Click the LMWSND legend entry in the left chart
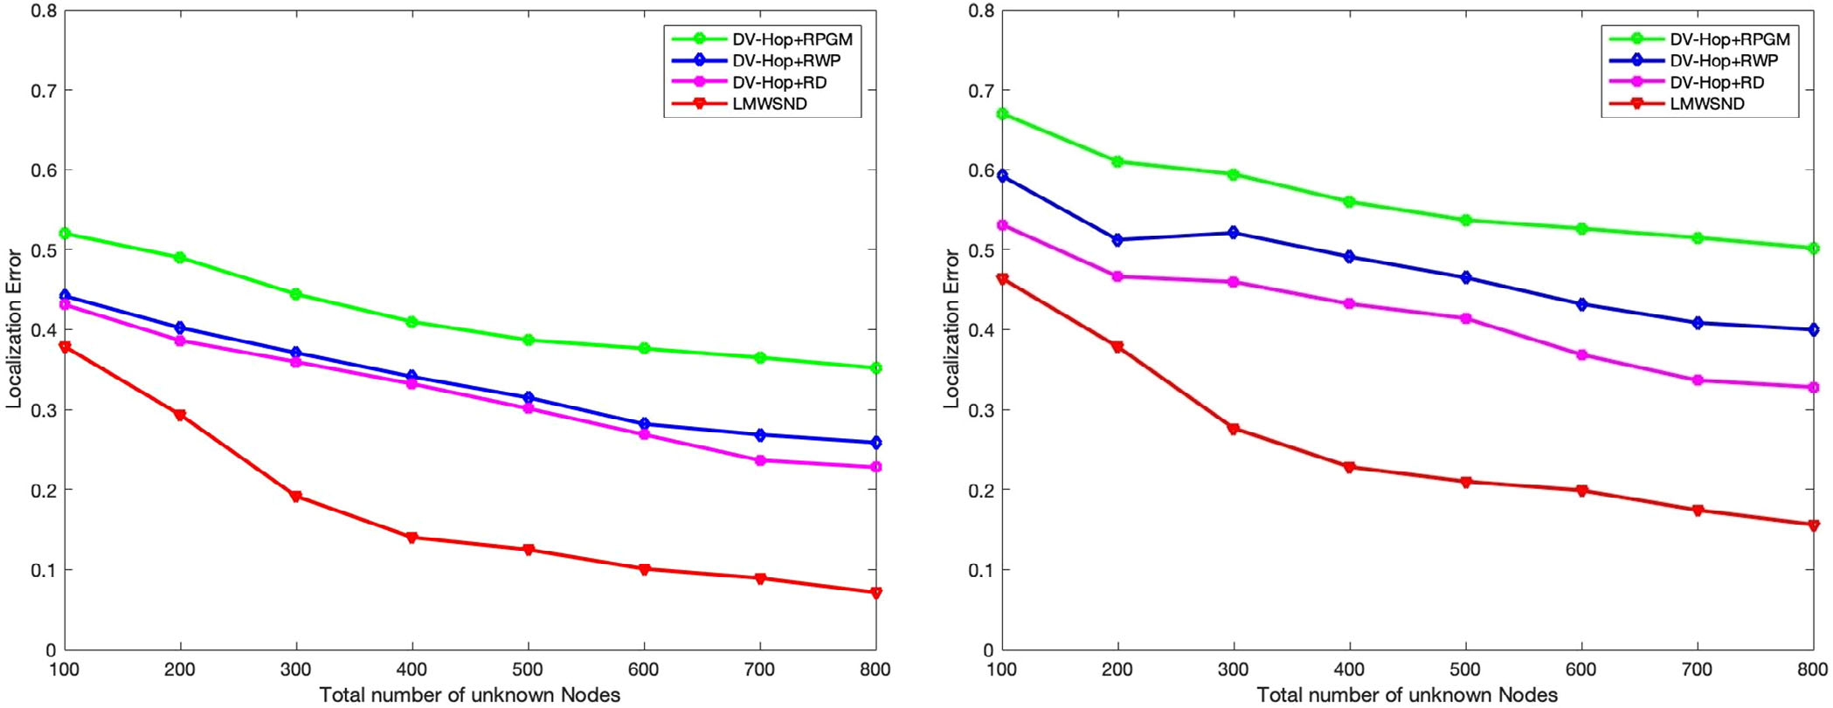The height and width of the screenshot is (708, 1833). pyautogui.click(x=769, y=104)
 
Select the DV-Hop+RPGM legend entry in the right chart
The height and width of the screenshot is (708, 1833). pyautogui.click(x=1729, y=39)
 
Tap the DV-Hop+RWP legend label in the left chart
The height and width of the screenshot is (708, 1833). pyautogui.click(x=785, y=61)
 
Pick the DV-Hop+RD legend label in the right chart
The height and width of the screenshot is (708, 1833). pyautogui.click(x=1716, y=83)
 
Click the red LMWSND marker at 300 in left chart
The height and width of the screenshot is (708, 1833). pyautogui.click(x=296, y=497)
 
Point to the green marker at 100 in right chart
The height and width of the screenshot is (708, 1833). pyautogui.click(x=1002, y=113)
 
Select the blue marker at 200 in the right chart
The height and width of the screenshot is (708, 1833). pyautogui.click(x=1117, y=240)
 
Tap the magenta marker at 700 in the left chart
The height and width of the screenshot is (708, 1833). pyautogui.click(x=760, y=460)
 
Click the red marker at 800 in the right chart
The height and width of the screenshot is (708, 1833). pyautogui.click(x=1814, y=526)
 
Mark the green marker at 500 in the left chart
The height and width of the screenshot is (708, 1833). pyautogui.click(x=528, y=340)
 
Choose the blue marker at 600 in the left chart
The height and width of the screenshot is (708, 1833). pyautogui.click(x=645, y=423)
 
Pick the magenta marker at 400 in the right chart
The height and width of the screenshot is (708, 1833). pyautogui.click(x=1349, y=304)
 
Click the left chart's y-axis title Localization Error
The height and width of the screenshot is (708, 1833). pyautogui.click(x=14, y=328)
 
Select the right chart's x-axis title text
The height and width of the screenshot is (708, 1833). pyautogui.click(x=1407, y=695)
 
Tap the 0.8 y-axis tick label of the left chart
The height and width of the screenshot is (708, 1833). pyautogui.click(x=45, y=11)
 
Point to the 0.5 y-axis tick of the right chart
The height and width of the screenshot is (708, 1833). pyautogui.click(x=981, y=251)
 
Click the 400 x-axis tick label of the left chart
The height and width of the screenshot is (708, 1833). pyautogui.click(x=412, y=670)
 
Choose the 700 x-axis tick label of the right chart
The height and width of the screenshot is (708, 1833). pyautogui.click(x=1698, y=670)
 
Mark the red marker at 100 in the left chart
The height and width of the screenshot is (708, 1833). pyautogui.click(x=65, y=347)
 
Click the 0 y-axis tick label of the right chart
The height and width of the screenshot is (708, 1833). pyautogui.click(x=988, y=650)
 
